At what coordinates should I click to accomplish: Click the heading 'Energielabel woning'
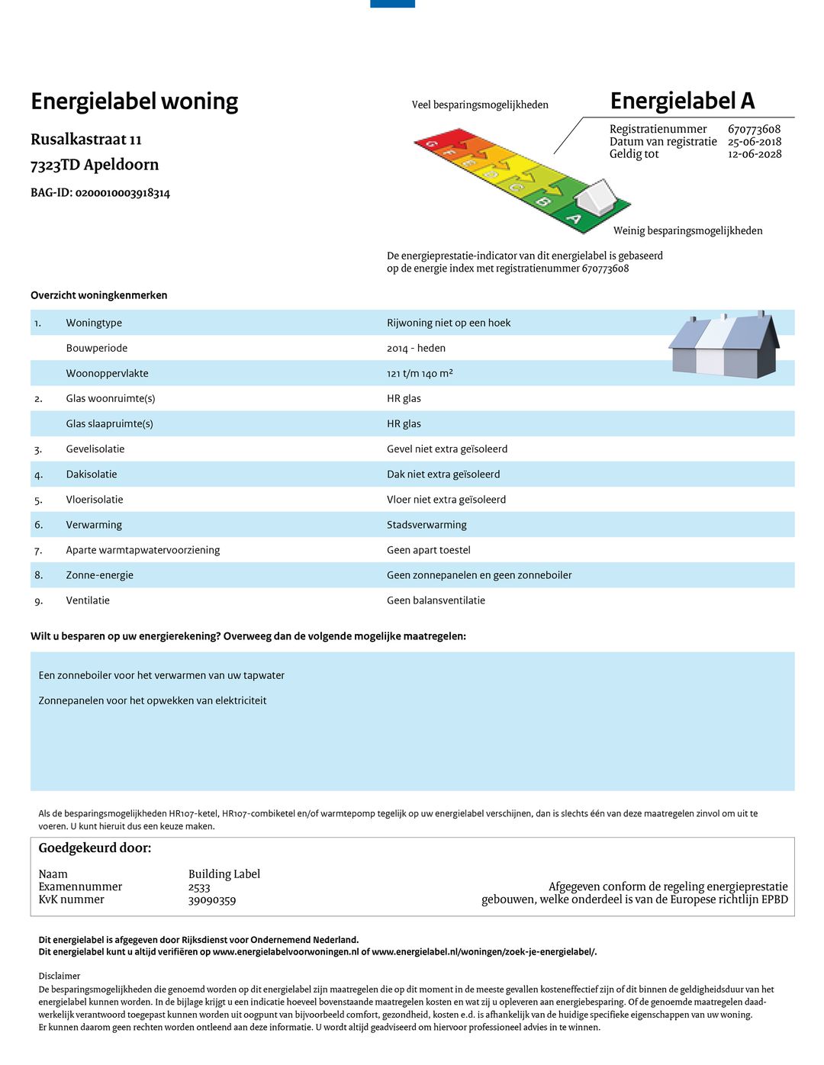point(134,101)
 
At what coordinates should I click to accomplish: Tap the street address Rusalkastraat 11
point(86,140)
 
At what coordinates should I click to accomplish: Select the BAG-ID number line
point(100,193)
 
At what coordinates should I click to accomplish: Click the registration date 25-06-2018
point(755,142)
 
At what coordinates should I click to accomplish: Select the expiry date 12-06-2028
point(755,154)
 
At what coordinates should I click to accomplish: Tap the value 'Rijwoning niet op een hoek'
point(449,323)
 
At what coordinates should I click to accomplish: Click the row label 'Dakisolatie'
point(92,475)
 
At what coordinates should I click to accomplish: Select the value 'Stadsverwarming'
point(426,525)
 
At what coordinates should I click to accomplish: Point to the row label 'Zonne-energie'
point(99,575)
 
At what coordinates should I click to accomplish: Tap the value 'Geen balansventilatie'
point(436,600)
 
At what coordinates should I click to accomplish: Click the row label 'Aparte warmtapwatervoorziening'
point(143,550)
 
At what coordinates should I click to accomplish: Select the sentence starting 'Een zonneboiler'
point(162,675)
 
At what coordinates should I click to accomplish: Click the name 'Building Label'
point(224,874)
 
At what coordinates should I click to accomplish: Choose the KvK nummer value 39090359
point(212,900)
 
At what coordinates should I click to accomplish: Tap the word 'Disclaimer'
point(60,976)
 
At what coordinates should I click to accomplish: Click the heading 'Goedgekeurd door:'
point(95,848)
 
